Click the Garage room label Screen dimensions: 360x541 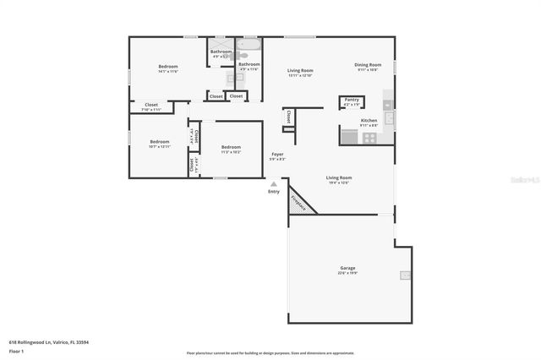(x=348, y=268)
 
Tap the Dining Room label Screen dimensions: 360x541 (x=368, y=65)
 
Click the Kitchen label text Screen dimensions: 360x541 (x=369, y=121)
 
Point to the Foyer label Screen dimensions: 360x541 (x=277, y=154)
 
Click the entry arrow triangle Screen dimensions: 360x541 (x=273, y=183)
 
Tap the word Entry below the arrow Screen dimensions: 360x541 (x=273, y=192)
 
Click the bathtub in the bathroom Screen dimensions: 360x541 (x=249, y=43)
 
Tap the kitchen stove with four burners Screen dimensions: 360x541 (x=370, y=137)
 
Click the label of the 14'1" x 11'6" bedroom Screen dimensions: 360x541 (x=167, y=66)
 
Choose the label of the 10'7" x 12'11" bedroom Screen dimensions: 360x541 (x=160, y=141)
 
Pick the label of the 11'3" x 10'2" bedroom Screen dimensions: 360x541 (x=231, y=147)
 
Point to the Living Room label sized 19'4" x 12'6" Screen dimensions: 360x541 (x=338, y=177)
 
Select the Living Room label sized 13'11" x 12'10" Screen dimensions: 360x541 (x=300, y=71)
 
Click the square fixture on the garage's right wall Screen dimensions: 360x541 (x=406, y=275)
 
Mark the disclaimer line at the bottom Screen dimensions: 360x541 (x=270, y=352)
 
